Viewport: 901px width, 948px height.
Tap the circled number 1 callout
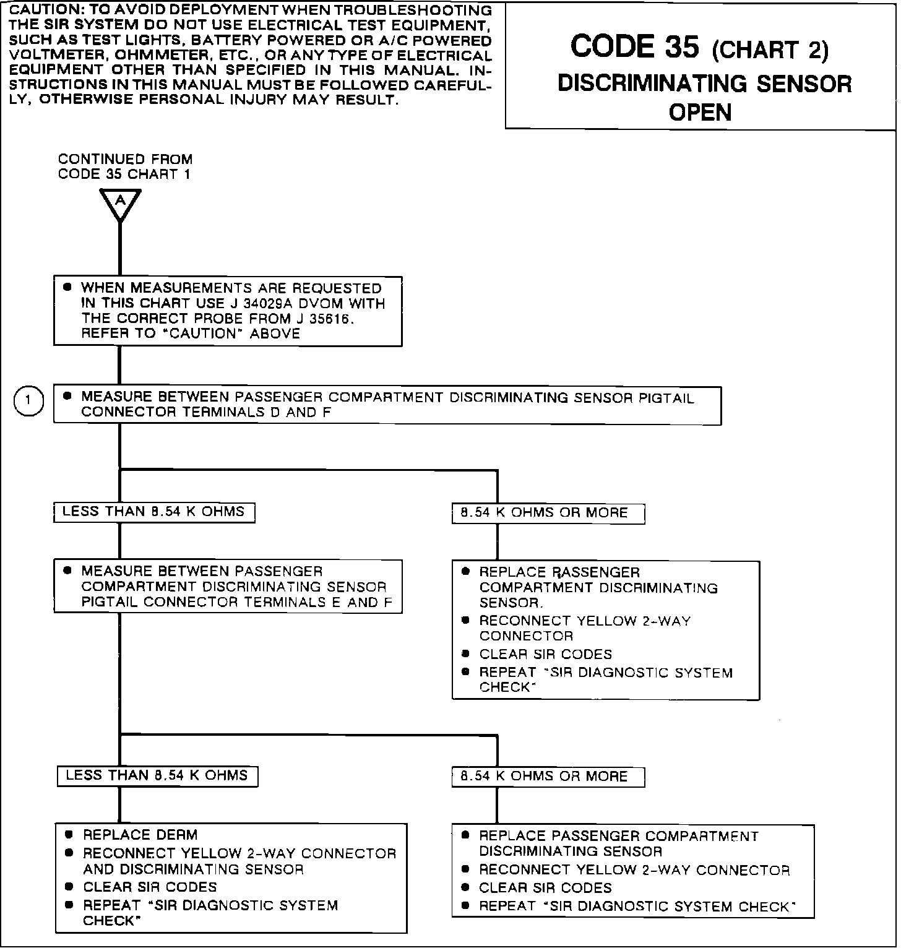pyautogui.click(x=28, y=401)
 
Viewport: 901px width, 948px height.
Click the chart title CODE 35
pyautogui.click(x=635, y=47)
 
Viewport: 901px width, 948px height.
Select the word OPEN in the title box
pyautogui.click(x=701, y=113)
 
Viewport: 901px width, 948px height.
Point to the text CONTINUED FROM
pyautogui.click(x=125, y=159)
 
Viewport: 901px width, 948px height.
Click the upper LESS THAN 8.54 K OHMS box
pyautogui.click(x=154, y=512)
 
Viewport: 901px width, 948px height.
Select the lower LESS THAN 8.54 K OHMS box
pyautogui.click(x=157, y=776)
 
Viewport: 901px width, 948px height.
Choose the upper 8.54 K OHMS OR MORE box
pyautogui.click(x=548, y=514)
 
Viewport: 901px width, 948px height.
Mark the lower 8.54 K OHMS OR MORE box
pyautogui.click(x=548, y=777)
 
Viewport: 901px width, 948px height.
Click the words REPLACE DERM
pyautogui.click(x=140, y=835)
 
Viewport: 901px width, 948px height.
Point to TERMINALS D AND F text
pyautogui.click(x=257, y=413)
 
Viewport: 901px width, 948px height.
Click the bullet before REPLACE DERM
pyautogui.click(x=69, y=835)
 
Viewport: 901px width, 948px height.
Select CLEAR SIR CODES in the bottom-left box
pyautogui.click(x=150, y=887)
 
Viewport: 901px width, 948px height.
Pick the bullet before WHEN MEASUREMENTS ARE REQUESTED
pyautogui.click(x=67, y=288)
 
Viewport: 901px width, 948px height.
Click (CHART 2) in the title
pyautogui.click(x=770, y=51)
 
